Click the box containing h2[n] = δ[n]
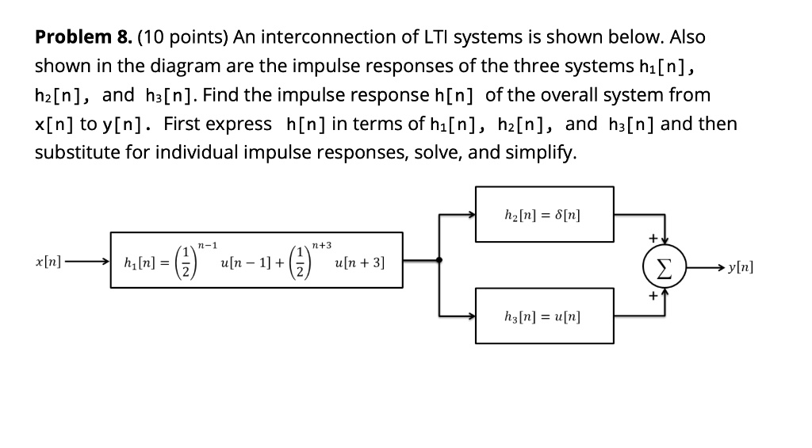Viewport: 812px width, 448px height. [x=544, y=214]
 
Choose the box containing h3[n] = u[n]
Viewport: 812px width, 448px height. [x=544, y=316]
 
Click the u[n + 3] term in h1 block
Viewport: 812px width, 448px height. [x=360, y=262]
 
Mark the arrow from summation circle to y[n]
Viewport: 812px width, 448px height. [x=702, y=267]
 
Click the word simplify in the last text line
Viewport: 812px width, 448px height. [x=543, y=152]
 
